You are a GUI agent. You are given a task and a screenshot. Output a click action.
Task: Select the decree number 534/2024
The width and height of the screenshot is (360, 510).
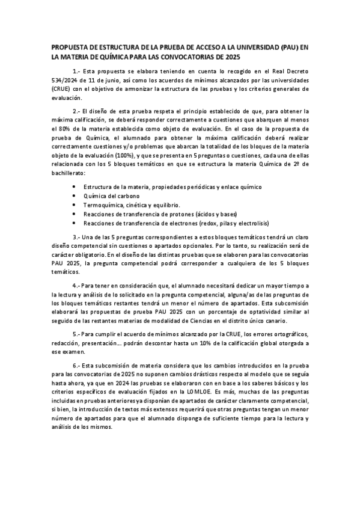point(66,79)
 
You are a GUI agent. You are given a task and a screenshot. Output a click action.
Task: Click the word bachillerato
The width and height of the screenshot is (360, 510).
point(71,173)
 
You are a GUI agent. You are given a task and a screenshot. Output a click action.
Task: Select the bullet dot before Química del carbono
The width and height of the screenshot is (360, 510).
point(74,196)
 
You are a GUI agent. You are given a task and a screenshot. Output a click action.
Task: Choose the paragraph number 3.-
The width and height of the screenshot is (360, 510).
point(78,238)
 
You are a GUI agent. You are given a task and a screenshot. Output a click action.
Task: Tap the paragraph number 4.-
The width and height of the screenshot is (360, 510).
point(78,284)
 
